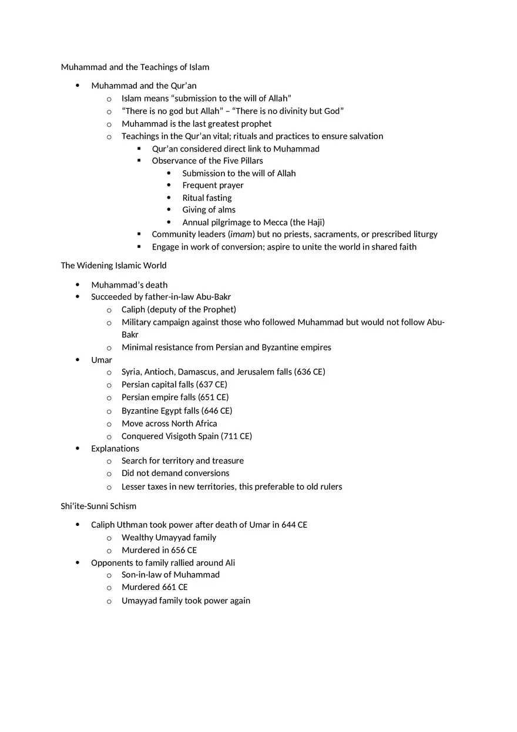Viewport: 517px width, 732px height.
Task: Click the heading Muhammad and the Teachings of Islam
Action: (x=135, y=67)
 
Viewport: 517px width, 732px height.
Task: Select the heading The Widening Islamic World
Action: (x=113, y=265)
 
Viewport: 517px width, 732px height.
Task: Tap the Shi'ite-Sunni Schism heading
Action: (x=98, y=506)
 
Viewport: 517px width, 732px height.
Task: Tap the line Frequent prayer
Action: (x=213, y=185)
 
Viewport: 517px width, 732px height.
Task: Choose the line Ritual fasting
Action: (x=207, y=198)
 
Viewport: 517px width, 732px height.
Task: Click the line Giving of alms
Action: (x=209, y=210)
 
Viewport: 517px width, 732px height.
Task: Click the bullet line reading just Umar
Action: (x=101, y=360)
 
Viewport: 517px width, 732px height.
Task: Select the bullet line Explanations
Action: (x=115, y=448)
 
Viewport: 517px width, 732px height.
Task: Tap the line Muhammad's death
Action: (x=129, y=285)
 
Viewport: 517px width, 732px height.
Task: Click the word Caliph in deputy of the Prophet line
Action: (x=133, y=309)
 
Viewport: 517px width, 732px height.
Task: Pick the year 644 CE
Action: (x=294, y=525)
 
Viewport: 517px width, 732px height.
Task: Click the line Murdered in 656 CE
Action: (x=159, y=550)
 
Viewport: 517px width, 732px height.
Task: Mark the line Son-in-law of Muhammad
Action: (x=170, y=575)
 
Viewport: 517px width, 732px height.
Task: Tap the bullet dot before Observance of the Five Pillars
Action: (x=139, y=160)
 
